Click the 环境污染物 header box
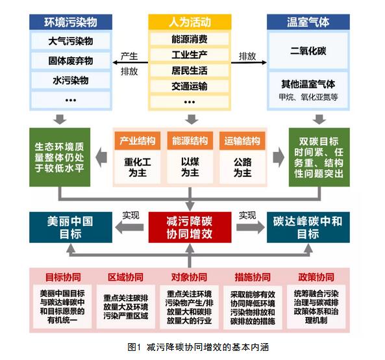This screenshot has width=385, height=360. (x=71, y=22)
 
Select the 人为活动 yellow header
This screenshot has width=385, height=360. (x=190, y=22)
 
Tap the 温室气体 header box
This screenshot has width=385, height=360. (x=308, y=22)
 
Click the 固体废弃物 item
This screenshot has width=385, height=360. (x=71, y=60)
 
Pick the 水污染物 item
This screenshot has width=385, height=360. (x=71, y=81)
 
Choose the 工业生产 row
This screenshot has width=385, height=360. (x=190, y=55)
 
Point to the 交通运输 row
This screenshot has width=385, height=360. (x=190, y=86)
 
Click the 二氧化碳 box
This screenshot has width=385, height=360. (x=308, y=51)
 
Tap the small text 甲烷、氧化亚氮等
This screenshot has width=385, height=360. (x=308, y=97)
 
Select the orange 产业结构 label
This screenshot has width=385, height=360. (x=138, y=141)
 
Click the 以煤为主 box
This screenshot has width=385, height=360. (x=190, y=167)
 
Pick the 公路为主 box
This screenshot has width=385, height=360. (x=242, y=167)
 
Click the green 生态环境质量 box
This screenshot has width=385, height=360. (x=60, y=157)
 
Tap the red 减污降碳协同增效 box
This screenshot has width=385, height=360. (x=190, y=227)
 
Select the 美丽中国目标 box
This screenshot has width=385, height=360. (x=71, y=227)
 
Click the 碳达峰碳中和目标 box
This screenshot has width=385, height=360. (x=308, y=227)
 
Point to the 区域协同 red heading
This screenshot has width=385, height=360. (x=126, y=277)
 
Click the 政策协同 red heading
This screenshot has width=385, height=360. (x=316, y=277)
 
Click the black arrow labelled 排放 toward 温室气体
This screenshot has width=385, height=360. (x=249, y=62)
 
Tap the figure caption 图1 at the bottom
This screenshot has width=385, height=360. (x=134, y=347)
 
